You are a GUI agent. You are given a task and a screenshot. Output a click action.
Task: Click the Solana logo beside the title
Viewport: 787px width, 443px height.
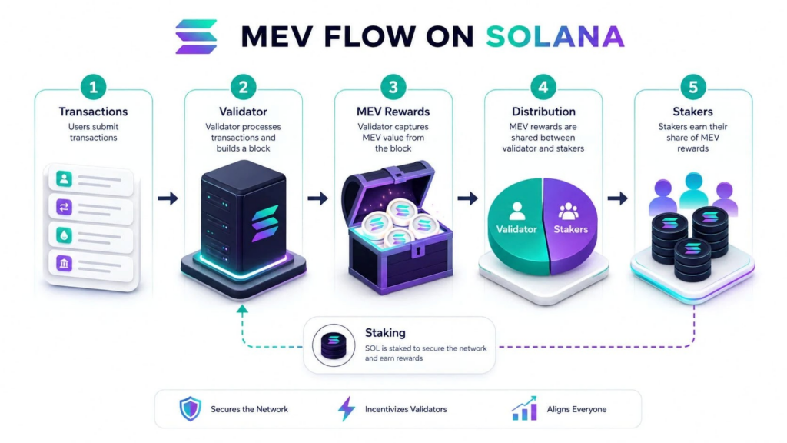[196, 36]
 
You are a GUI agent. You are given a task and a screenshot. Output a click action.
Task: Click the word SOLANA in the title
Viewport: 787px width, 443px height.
[555, 37]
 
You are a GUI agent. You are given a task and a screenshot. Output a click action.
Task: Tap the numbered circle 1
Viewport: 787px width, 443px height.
[93, 87]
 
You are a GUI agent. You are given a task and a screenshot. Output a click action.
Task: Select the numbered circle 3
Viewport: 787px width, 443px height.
[393, 87]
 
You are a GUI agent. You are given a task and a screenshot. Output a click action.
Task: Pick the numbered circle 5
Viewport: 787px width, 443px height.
[693, 87]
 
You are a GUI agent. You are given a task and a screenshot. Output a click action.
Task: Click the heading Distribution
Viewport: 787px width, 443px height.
[543, 112]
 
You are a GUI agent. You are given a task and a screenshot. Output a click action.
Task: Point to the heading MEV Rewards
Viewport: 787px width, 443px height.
[393, 112]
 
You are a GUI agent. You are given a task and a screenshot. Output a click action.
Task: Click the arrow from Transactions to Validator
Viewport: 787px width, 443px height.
[168, 198]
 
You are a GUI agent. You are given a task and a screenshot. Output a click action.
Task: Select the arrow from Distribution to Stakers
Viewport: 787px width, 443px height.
[618, 198]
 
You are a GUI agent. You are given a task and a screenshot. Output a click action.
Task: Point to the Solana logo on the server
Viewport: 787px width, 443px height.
[265, 223]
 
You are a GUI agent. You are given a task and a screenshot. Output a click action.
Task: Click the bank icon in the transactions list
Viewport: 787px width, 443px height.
[64, 263]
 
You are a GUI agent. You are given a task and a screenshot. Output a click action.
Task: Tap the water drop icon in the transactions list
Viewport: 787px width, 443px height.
[64, 235]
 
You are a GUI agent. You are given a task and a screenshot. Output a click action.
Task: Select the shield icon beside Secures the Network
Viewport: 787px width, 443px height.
[191, 409]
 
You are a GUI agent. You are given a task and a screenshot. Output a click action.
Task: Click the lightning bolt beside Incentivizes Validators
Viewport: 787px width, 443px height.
[347, 409]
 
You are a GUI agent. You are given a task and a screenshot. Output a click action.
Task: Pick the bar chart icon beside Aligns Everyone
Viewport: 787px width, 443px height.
[524, 408]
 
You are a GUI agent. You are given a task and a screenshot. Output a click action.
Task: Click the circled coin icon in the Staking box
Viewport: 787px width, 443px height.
[334, 345]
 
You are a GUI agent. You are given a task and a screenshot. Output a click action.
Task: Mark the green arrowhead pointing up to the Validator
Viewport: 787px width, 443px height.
[242, 310]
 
